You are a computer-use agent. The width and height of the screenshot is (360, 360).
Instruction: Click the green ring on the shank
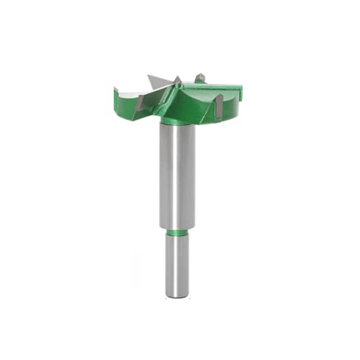[176, 233]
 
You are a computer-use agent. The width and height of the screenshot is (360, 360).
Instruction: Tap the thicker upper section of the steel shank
[176, 173]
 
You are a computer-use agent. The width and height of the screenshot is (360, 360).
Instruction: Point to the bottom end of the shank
[176, 293]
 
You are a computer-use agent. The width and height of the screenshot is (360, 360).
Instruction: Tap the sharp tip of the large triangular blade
[148, 73]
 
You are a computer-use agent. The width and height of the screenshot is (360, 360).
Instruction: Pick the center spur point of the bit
[177, 80]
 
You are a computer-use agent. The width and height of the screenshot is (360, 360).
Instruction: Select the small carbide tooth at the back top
[200, 77]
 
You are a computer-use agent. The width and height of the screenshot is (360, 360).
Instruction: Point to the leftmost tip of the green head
[115, 90]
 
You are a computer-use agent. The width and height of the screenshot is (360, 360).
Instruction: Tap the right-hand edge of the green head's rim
[240, 92]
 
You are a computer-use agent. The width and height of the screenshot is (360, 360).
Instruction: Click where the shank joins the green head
[176, 122]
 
